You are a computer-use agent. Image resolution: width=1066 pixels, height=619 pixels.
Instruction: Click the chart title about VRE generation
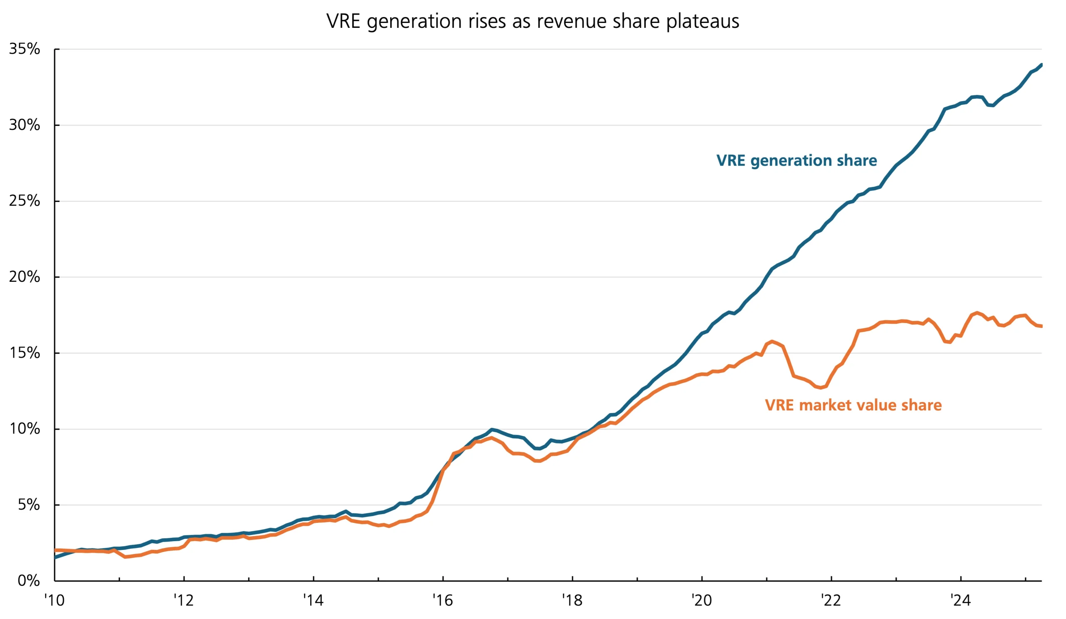coord(533,21)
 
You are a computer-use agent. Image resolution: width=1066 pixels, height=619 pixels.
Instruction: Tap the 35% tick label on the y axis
coord(25,49)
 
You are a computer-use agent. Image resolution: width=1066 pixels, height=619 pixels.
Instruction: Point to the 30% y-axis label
coord(25,125)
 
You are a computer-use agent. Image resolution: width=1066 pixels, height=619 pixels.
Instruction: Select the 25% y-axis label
coord(25,201)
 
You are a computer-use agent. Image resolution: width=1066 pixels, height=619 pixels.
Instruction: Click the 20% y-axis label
coord(25,277)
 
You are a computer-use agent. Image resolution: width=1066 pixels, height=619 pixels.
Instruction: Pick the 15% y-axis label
coord(25,353)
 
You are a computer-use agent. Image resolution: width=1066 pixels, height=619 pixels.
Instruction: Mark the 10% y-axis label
coord(25,429)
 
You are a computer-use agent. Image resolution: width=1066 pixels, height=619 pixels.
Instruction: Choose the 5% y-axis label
coord(29,505)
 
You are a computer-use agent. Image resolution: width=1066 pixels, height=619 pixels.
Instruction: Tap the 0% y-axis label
coord(29,581)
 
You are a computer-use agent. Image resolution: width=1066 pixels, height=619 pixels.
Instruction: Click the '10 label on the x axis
coord(55,600)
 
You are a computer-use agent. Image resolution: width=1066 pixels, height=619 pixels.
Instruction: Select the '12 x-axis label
coord(184,600)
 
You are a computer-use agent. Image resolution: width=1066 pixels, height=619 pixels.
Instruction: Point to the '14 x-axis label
coord(313,600)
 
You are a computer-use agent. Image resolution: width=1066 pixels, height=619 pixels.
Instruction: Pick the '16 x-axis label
coord(443,600)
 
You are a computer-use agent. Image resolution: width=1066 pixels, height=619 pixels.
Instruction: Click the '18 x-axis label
coord(572,600)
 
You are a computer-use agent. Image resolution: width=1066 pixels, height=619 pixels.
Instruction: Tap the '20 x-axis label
coord(701,600)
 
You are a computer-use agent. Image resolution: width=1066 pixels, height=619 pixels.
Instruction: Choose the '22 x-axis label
coord(831,600)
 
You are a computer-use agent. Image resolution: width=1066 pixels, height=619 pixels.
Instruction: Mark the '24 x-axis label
coord(960,600)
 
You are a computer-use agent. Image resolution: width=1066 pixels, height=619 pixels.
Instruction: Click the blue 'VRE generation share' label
coord(797,161)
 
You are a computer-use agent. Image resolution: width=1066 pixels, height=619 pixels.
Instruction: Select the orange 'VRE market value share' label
coord(853,405)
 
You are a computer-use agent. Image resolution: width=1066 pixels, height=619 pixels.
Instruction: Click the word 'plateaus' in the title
coord(702,21)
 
